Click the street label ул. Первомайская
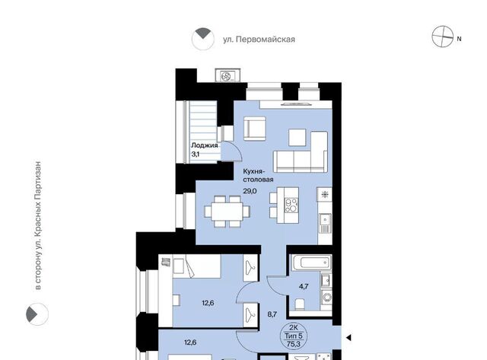point(259,40)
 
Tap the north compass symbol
point(443,37)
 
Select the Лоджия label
point(205,145)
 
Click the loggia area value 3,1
point(195,154)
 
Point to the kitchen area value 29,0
point(250,191)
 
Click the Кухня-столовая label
point(258,175)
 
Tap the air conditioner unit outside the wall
point(228,75)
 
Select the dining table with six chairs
point(227,212)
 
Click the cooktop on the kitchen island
point(291,205)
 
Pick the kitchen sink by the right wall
point(325,223)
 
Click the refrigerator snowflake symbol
point(325,195)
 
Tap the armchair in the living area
point(255,129)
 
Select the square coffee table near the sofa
point(298,137)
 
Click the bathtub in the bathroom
point(310,263)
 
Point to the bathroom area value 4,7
point(304,286)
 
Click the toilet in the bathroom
point(300,304)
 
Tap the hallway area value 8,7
point(272,314)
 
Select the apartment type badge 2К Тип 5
point(293,336)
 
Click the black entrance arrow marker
point(349,337)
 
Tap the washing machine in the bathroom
point(326,298)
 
